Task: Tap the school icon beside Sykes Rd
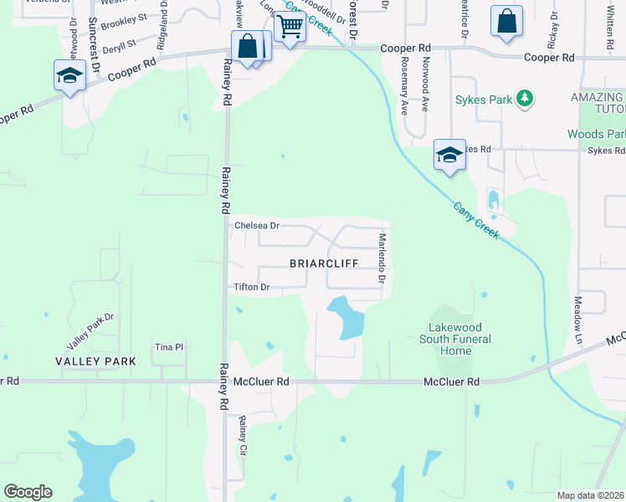tap(449, 156)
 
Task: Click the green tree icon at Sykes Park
tap(525, 100)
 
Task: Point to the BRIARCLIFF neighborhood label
tap(324, 263)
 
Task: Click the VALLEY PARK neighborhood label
tap(95, 361)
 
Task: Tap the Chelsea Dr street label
tap(257, 226)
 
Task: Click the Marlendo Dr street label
tap(381, 256)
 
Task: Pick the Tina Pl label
tap(168, 347)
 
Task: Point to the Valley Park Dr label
tap(90, 332)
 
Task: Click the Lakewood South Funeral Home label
tap(459, 339)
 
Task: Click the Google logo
tap(28, 492)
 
